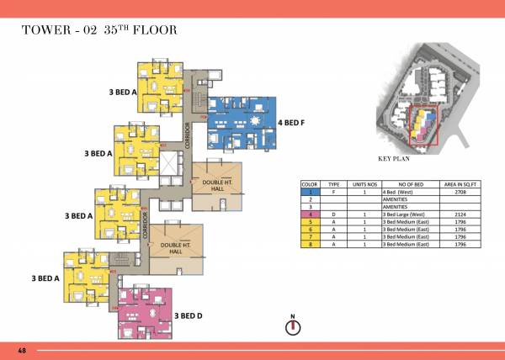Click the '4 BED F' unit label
290,123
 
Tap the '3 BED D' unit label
188,315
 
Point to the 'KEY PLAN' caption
393,158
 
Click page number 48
20,348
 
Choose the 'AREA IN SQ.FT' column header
460,183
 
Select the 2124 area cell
460,214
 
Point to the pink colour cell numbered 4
310,214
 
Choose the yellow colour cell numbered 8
310,245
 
